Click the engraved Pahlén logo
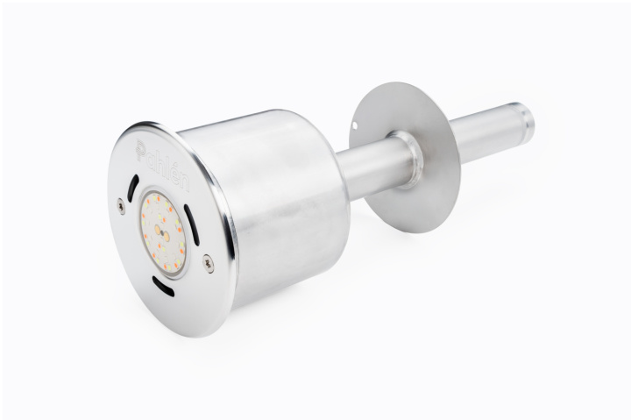click(x=162, y=165)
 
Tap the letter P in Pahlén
click(x=141, y=149)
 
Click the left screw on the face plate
click(x=121, y=205)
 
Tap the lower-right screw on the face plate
click(x=208, y=263)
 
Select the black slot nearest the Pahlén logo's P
click(x=133, y=188)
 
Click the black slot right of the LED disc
click(x=192, y=224)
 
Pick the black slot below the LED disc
click(x=163, y=286)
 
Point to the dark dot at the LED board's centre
click(x=162, y=232)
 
